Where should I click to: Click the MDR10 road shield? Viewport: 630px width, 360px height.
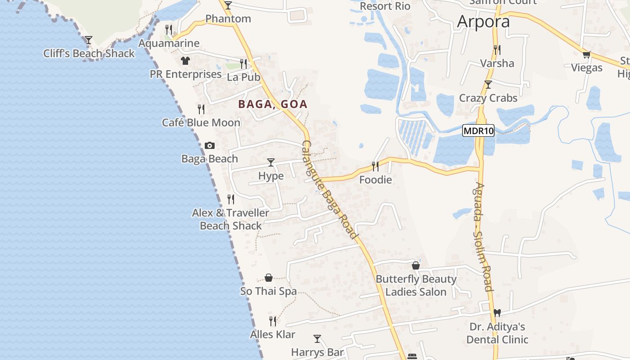(x=478, y=131)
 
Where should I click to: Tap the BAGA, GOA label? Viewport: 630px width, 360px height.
(x=273, y=104)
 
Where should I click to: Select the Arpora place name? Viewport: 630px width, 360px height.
(x=483, y=22)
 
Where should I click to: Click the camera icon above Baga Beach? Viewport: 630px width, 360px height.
(x=209, y=145)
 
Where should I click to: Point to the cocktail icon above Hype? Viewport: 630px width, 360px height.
(x=270, y=162)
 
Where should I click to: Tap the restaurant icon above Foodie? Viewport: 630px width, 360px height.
(x=375, y=166)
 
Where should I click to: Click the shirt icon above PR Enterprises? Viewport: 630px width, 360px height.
(x=185, y=60)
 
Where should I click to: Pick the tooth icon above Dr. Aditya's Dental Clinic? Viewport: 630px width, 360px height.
(x=497, y=313)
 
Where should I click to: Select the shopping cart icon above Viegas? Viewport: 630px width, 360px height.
(x=586, y=54)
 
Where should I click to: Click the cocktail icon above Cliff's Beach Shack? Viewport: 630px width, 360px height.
(x=89, y=40)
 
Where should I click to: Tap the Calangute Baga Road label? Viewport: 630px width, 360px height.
(x=330, y=189)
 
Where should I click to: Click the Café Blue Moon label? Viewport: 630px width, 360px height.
(x=201, y=122)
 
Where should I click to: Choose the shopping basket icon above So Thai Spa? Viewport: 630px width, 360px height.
(x=269, y=278)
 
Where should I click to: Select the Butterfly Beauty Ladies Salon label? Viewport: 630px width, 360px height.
(x=416, y=285)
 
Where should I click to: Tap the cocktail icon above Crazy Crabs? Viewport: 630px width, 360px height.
(x=488, y=84)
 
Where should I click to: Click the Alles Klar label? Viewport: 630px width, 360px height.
(x=273, y=334)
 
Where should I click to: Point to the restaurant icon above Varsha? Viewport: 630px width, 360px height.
(x=497, y=49)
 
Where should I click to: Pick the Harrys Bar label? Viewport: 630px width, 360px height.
(x=317, y=352)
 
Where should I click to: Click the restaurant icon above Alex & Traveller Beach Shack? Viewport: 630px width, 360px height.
(x=231, y=199)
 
